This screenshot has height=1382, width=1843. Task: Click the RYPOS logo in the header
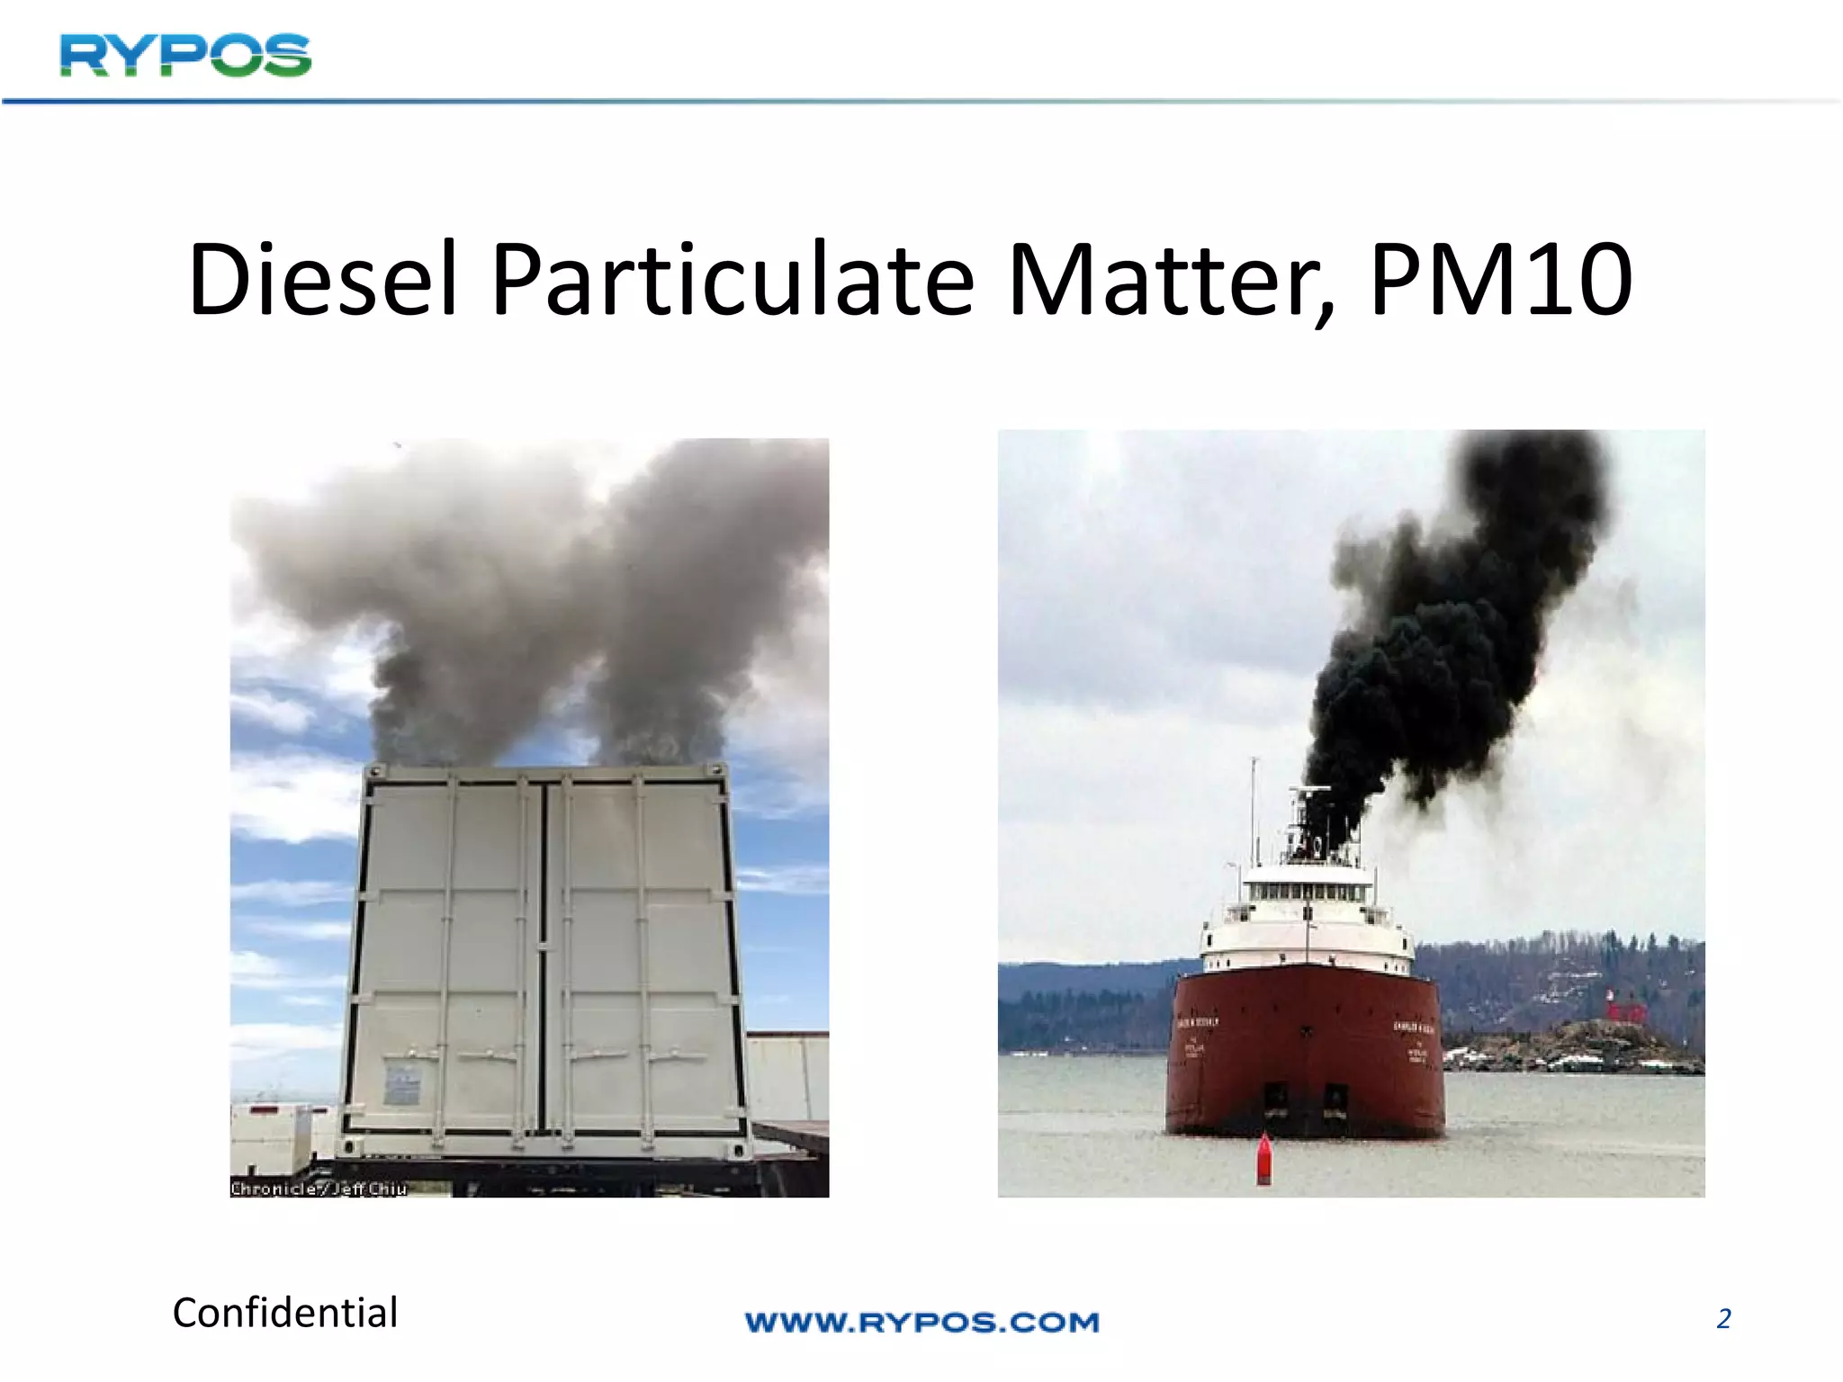point(185,56)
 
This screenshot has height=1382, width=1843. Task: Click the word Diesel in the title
point(323,281)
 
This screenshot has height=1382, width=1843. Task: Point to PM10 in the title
point(1500,281)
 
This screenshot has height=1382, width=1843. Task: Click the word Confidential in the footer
point(285,1313)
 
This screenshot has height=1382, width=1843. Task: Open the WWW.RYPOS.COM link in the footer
point(922,1322)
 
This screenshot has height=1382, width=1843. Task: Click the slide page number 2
point(1723,1319)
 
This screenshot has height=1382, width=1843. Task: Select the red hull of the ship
point(1305,1044)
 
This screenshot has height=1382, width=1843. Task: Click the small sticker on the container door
point(401,1085)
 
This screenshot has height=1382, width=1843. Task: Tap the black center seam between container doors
point(543,954)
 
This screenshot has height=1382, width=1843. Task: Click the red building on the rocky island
point(1625,1010)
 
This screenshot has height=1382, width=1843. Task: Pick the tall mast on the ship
point(1254,810)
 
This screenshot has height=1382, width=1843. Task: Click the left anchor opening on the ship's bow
point(1276,1097)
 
